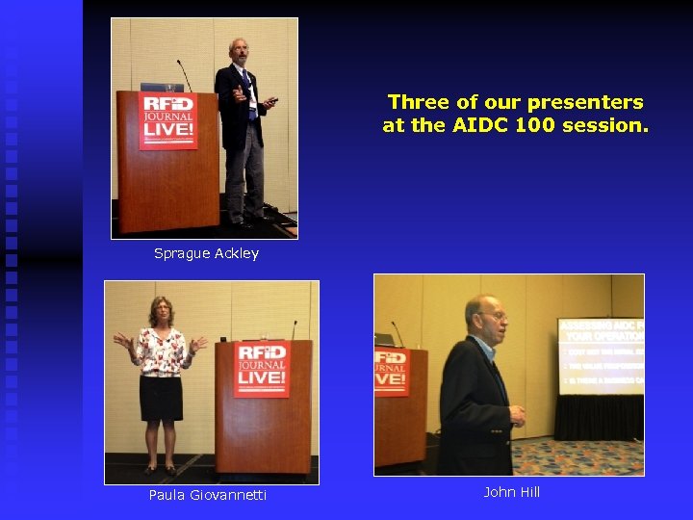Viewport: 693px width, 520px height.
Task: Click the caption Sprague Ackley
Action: tap(206, 253)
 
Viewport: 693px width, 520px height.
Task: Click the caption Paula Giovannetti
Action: tap(208, 495)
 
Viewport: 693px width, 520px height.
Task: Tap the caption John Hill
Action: tap(511, 492)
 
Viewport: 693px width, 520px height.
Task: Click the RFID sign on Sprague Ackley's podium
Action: tap(168, 120)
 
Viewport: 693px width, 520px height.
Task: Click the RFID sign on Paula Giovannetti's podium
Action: tap(262, 367)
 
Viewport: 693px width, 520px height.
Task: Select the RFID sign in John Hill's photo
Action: tap(392, 372)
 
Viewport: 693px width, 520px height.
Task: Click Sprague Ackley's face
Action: tap(238, 51)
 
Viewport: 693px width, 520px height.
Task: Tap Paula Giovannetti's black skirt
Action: tap(161, 398)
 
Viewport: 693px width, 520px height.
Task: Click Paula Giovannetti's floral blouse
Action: tap(160, 351)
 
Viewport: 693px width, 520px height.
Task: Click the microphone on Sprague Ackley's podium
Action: tap(184, 75)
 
